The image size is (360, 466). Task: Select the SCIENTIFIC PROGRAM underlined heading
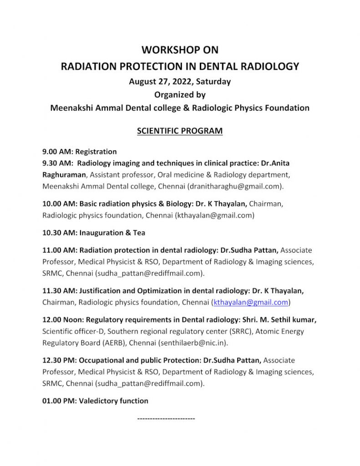pyautogui.click(x=180, y=131)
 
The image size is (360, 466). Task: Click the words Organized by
pyautogui.click(x=180, y=95)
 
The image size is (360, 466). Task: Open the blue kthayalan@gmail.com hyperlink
pyautogui.click(x=251, y=302)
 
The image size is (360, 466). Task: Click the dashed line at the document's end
pyautogui.click(x=166, y=418)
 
